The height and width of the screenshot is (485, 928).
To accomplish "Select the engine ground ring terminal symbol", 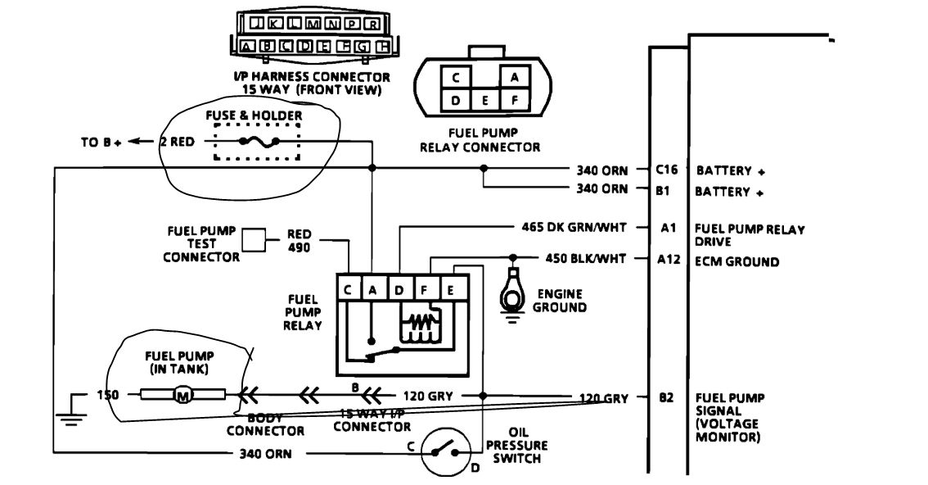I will [514, 286].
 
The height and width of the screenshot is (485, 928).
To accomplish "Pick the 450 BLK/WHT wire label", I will [585, 259].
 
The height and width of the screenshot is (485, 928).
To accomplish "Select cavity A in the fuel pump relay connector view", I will [515, 77].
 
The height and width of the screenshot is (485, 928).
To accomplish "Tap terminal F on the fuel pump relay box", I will [425, 288].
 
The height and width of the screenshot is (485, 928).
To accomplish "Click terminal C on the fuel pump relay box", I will [349, 288].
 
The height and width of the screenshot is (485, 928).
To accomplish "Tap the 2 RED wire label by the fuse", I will [176, 142].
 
